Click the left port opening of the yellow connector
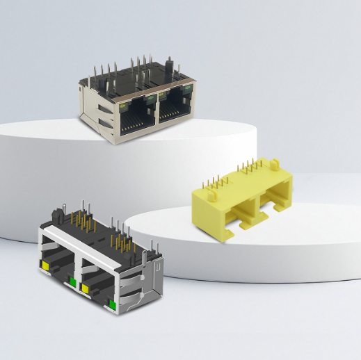coord(243,204)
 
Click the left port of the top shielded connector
coord(134,119)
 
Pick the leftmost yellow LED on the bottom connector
coord(45,265)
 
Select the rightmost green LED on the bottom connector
coord(111,304)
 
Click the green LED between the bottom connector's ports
coord(72,282)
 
